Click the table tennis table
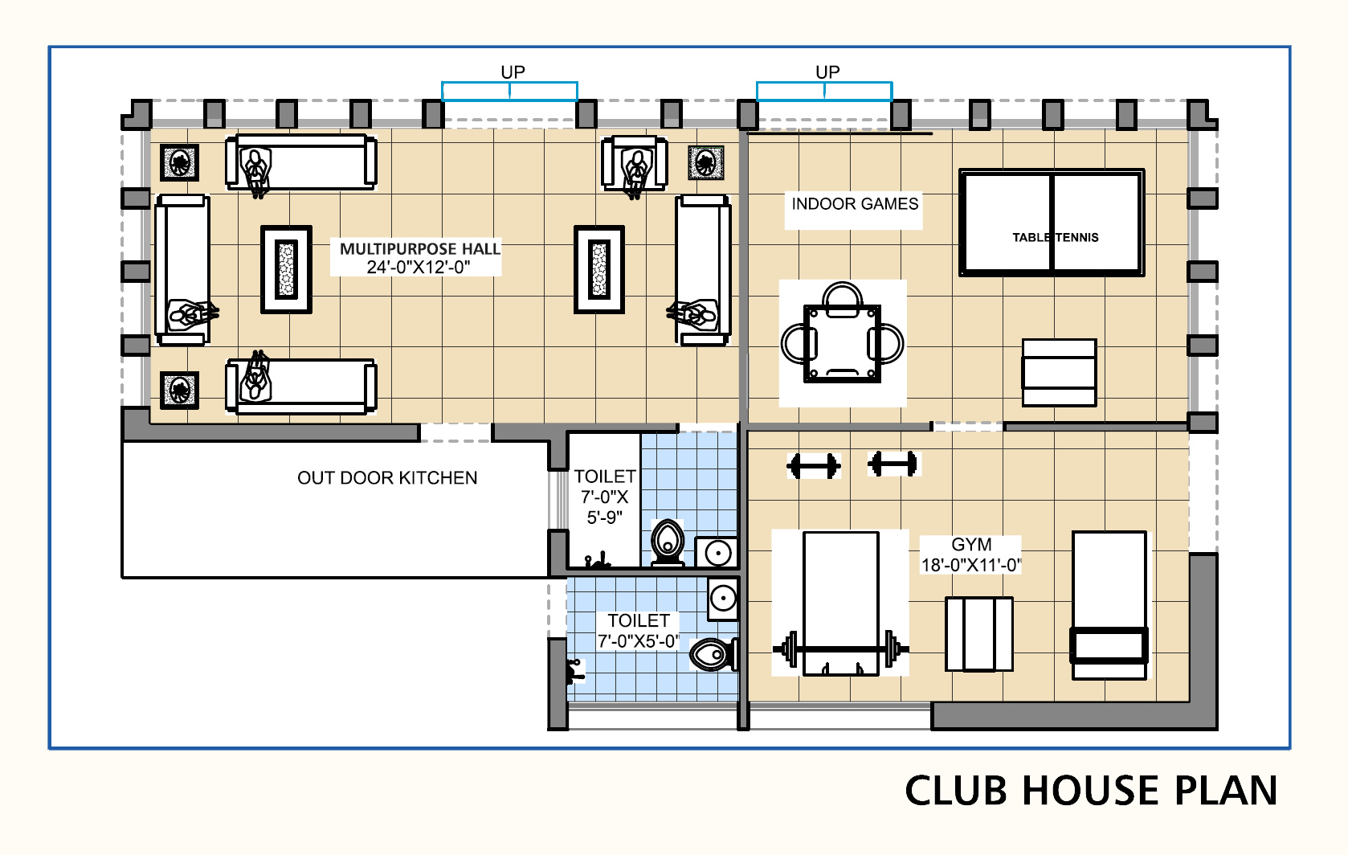[x=1052, y=223]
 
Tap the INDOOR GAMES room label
[x=855, y=204]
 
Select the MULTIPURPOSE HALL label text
[x=420, y=248]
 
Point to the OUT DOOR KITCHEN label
[x=387, y=478]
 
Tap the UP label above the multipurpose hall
[x=513, y=72]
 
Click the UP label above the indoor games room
[x=827, y=72]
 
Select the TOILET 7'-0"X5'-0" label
[x=639, y=631]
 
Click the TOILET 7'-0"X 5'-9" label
[x=605, y=497]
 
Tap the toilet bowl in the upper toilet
[x=668, y=542]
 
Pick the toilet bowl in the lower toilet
[x=713, y=654]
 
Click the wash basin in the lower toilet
[x=723, y=599]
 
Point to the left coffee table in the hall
[x=286, y=269]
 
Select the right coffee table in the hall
[x=598, y=269]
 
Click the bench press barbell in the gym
[x=841, y=649]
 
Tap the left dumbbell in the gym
[x=814, y=465]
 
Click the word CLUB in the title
[x=956, y=791]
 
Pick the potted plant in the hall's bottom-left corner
[x=179, y=390]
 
